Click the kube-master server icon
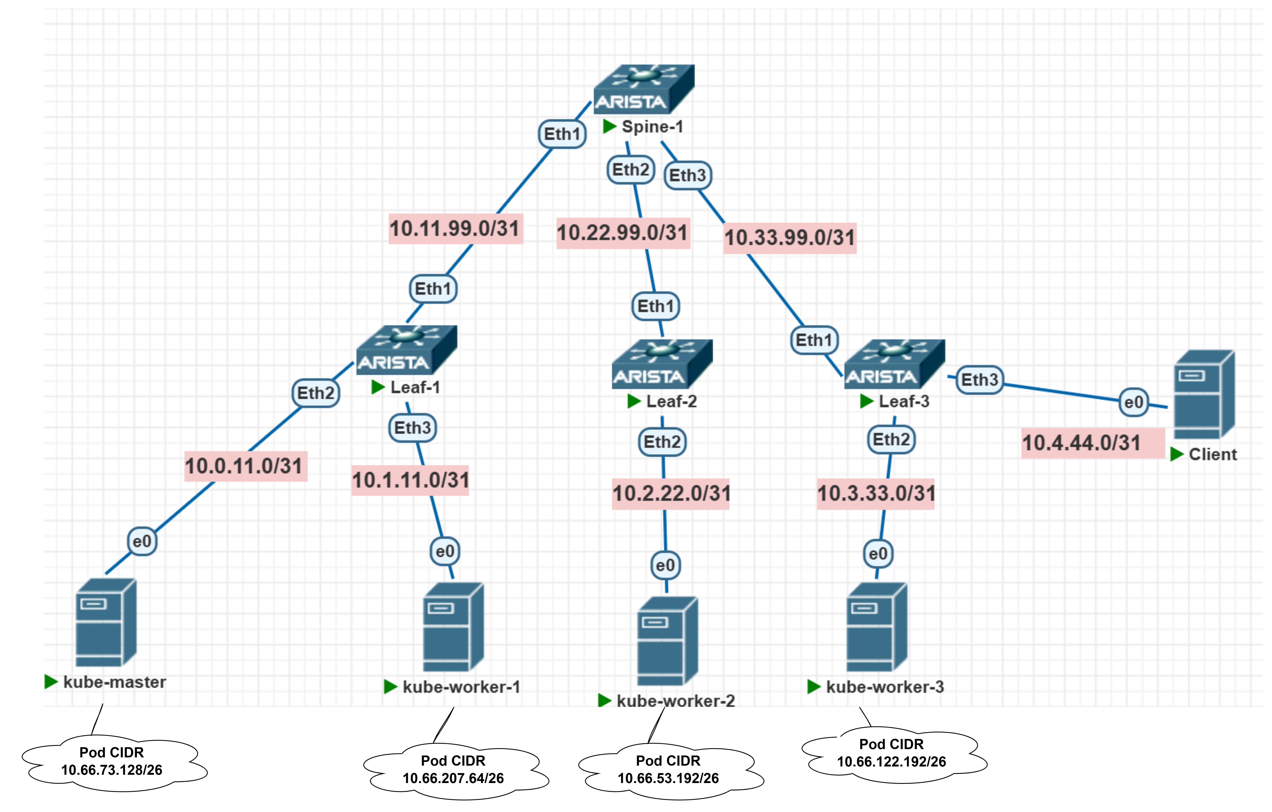tap(106, 623)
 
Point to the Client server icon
tap(1204, 394)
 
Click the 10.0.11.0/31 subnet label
tap(245, 466)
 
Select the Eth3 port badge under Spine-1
tap(687, 175)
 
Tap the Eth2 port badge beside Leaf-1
tap(315, 393)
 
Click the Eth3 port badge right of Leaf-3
tap(979, 380)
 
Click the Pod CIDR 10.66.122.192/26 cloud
tap(892, 753)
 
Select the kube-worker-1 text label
tap(461, 687)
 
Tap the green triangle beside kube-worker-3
tap(813, 687)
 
